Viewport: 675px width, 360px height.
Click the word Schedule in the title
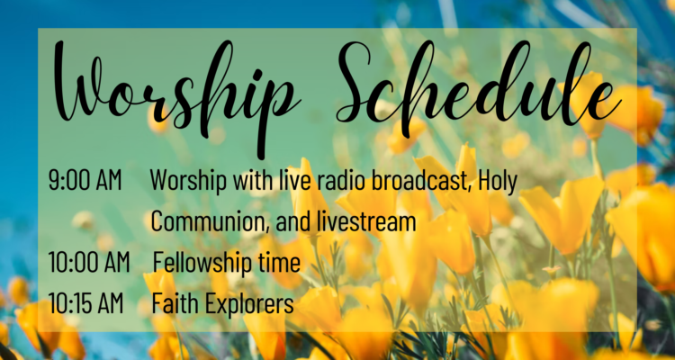[x=479, y=82]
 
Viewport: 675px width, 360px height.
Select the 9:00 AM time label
[x=85, y=180]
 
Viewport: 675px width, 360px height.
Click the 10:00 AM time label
[x=89, y=262]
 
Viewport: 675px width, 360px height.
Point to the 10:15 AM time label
[x=85, y=303]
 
